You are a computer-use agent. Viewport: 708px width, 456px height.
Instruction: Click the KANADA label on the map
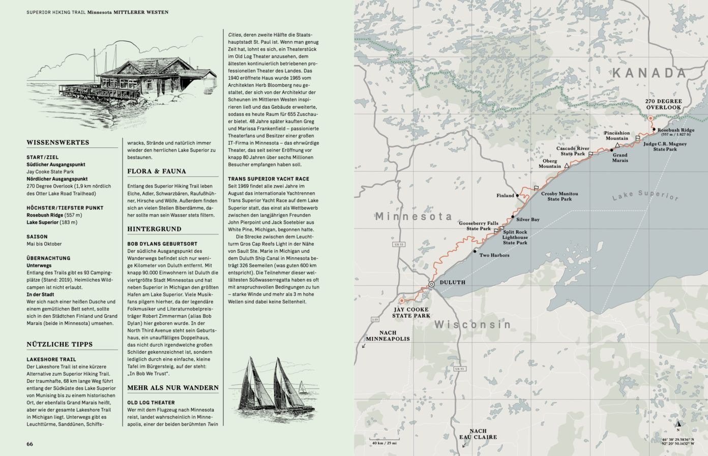tap(649, 73)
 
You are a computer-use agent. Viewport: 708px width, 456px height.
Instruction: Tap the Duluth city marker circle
tap(431, 284)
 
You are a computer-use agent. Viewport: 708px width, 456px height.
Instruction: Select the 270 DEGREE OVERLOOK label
tap(663, 104)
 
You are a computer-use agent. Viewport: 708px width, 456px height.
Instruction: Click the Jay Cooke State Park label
tap(410, 312)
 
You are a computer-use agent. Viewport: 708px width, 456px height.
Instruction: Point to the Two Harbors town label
tap(494, 255)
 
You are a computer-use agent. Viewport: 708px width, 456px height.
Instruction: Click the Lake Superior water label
tap(645, 196)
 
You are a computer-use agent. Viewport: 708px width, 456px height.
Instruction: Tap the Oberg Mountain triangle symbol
tap(567, 166)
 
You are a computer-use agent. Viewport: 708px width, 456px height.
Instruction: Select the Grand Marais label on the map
tap(619, 158)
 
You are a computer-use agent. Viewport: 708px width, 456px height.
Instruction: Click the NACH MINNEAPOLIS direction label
tap(388, 336)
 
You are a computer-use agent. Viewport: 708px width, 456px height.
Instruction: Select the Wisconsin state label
tap(473, 324)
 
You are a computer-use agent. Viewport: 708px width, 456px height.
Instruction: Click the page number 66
tap(30, 444)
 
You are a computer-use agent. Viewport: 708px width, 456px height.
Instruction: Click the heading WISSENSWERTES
tap(58, 142)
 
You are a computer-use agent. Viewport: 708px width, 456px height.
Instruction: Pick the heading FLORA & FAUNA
tap(157, 171)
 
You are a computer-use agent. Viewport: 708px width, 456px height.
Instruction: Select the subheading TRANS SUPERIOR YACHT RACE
tap(269, 179)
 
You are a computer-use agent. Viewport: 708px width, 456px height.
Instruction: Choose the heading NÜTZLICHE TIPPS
tap(60, 344)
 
